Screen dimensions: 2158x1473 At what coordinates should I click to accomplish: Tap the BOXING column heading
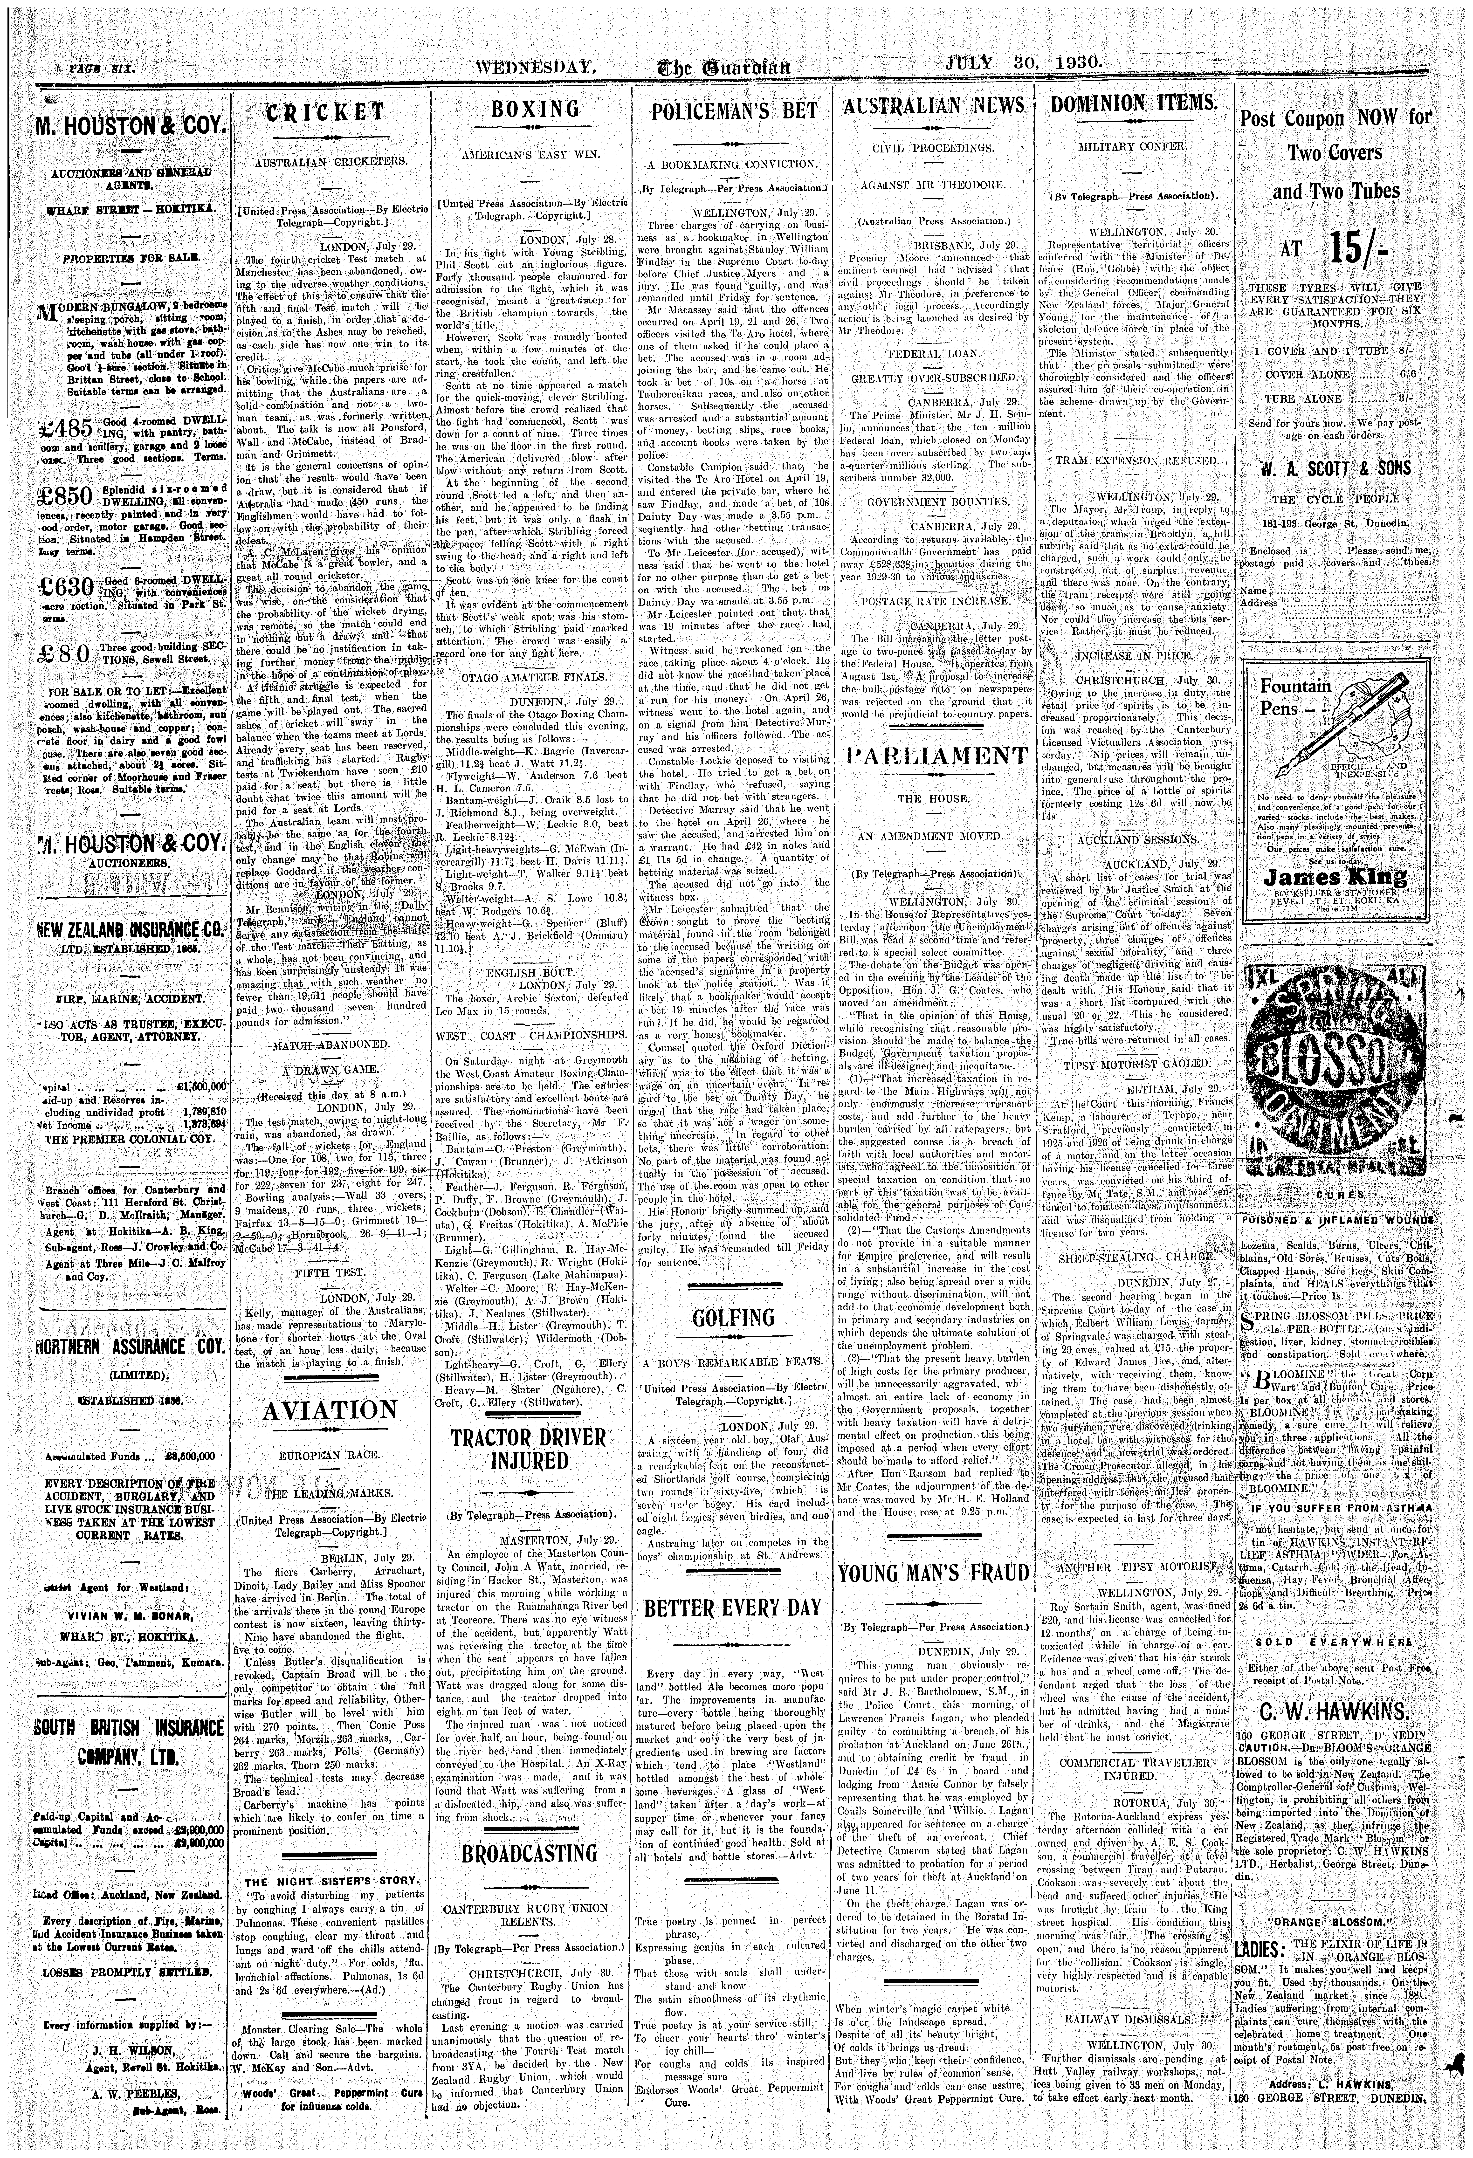click(x=534, y=110)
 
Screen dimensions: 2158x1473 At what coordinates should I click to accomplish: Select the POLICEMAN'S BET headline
click(x=736, y=111)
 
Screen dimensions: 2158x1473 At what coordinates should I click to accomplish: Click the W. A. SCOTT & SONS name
click(x=1335, y=468)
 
